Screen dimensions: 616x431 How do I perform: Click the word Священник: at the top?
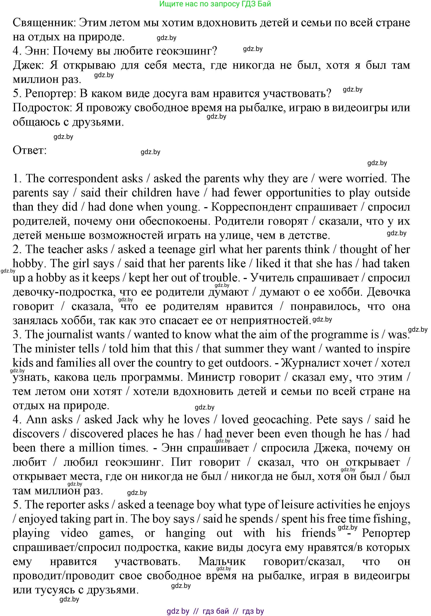pyautogui.click(x=44, y=23)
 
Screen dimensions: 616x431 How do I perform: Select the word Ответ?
pyautogui.click(x=30, y=150)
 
